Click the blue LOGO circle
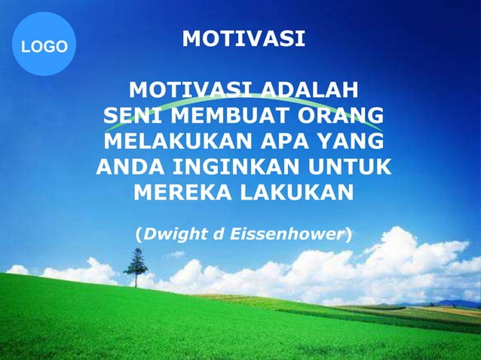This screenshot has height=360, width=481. pos(44,44)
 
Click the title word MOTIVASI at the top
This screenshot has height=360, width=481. pos(244,38)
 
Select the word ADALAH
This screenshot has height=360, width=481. pos(309,92)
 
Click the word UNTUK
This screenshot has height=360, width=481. pos(351,166)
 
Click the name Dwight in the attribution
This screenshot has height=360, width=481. pos(173,234)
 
